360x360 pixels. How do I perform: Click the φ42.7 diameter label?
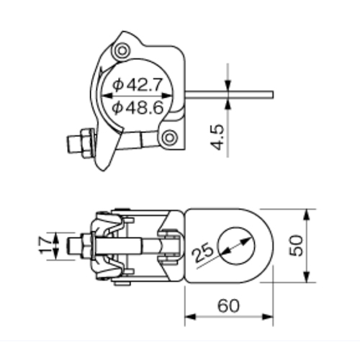tap(138, 85)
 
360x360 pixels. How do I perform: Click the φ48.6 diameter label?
tap(138, 107)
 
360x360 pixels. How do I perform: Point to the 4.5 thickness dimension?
tap(217, 137)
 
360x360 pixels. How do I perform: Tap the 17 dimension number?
tap(45, 245)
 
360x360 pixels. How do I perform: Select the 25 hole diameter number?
tap(203, 252)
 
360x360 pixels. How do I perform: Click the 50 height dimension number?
tap(296, 246)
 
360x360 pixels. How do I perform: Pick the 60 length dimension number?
tap(228, 306)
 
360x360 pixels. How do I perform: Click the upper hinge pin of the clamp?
tap(122, 50)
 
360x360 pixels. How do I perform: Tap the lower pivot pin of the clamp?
tap(169, 138)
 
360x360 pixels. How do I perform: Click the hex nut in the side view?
tap(87, 143)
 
